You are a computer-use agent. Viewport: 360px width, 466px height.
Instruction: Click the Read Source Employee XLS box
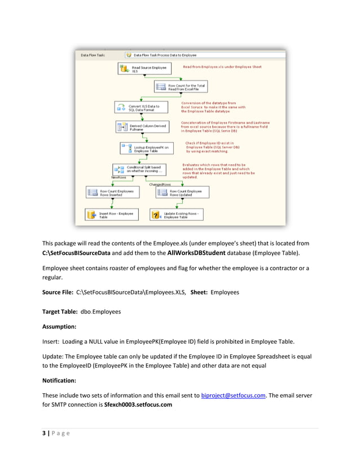point(139,69)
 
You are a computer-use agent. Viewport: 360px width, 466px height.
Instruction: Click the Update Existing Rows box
point(175,215)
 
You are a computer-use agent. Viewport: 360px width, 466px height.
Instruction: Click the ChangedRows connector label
point(160,184)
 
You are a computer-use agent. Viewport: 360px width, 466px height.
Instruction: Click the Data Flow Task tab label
point(93,55)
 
